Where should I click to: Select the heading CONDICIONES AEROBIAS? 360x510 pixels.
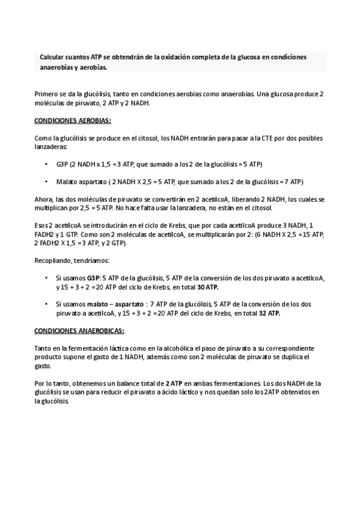tap(73, 120)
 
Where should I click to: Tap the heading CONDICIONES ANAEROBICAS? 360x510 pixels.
tap(79, 331)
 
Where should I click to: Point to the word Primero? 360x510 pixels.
tap(47, 95)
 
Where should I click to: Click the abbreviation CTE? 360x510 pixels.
tap(268, 138)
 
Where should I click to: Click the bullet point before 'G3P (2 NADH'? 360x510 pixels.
tap(47, 164)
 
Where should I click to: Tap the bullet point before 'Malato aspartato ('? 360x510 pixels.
tap(47, 182)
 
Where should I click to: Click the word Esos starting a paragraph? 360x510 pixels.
tap(42, 226)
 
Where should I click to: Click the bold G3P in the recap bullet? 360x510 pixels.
tap(93, 278)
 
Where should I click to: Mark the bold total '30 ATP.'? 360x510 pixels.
tap(209, 287)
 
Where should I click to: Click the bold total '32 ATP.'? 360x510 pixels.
tap(270, 313)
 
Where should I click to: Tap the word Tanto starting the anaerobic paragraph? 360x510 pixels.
tap(44, 349)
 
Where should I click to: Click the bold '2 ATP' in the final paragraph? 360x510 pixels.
tap(175, 383)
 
